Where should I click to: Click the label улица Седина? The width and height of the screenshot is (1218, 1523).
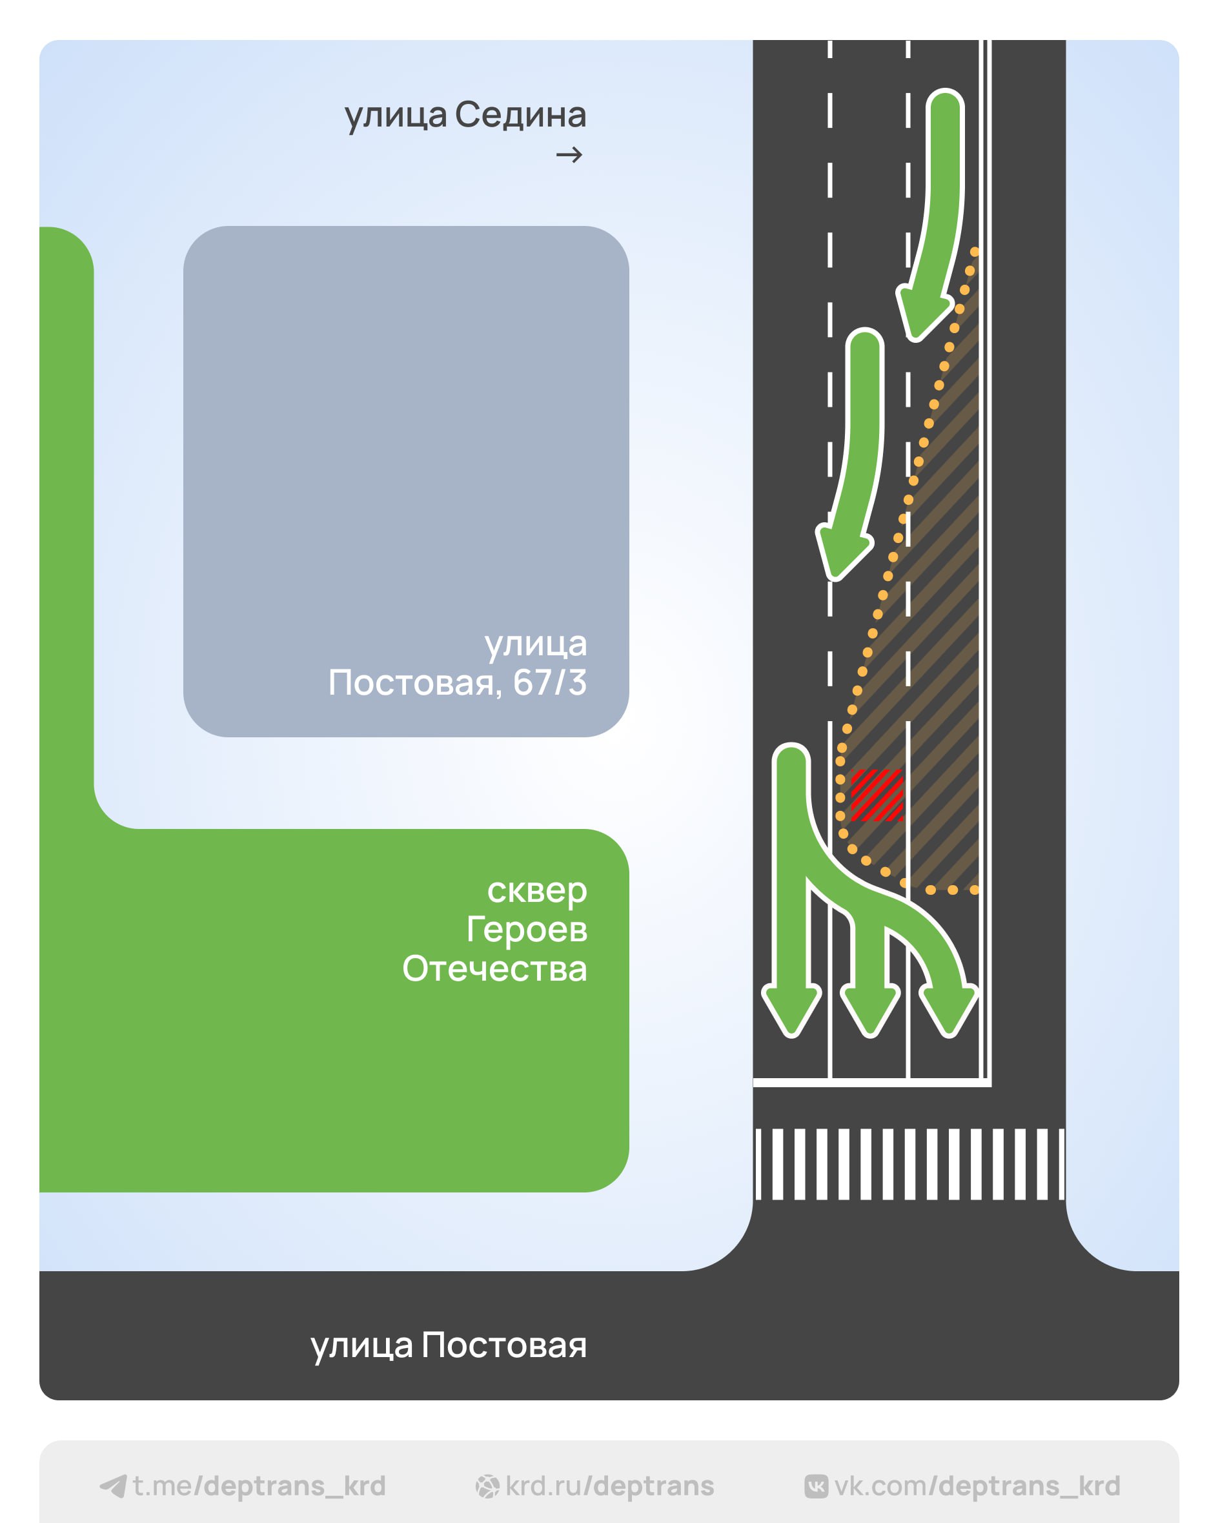(465, 115)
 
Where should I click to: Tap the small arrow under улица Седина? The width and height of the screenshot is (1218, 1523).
(569, 155)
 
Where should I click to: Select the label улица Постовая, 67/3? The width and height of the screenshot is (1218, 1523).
(458, 663)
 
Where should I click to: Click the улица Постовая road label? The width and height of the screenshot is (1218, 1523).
(449, 1345)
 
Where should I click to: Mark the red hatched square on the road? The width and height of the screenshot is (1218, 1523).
(877, 795)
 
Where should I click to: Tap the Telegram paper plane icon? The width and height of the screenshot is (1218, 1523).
(113, 1486)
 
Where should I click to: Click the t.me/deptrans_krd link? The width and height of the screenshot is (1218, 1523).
(258, 1486)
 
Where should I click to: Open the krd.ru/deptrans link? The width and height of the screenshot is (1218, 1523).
(609, 1486)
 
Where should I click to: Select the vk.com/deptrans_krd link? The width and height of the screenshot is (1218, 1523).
(977, 1486)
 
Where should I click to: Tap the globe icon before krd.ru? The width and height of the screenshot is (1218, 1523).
(487, 1487)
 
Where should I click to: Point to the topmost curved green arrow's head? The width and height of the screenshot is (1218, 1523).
(920, 314)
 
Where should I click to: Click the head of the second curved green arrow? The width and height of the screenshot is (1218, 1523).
(841, 553)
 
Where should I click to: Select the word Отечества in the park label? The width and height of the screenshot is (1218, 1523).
(494, 968)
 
